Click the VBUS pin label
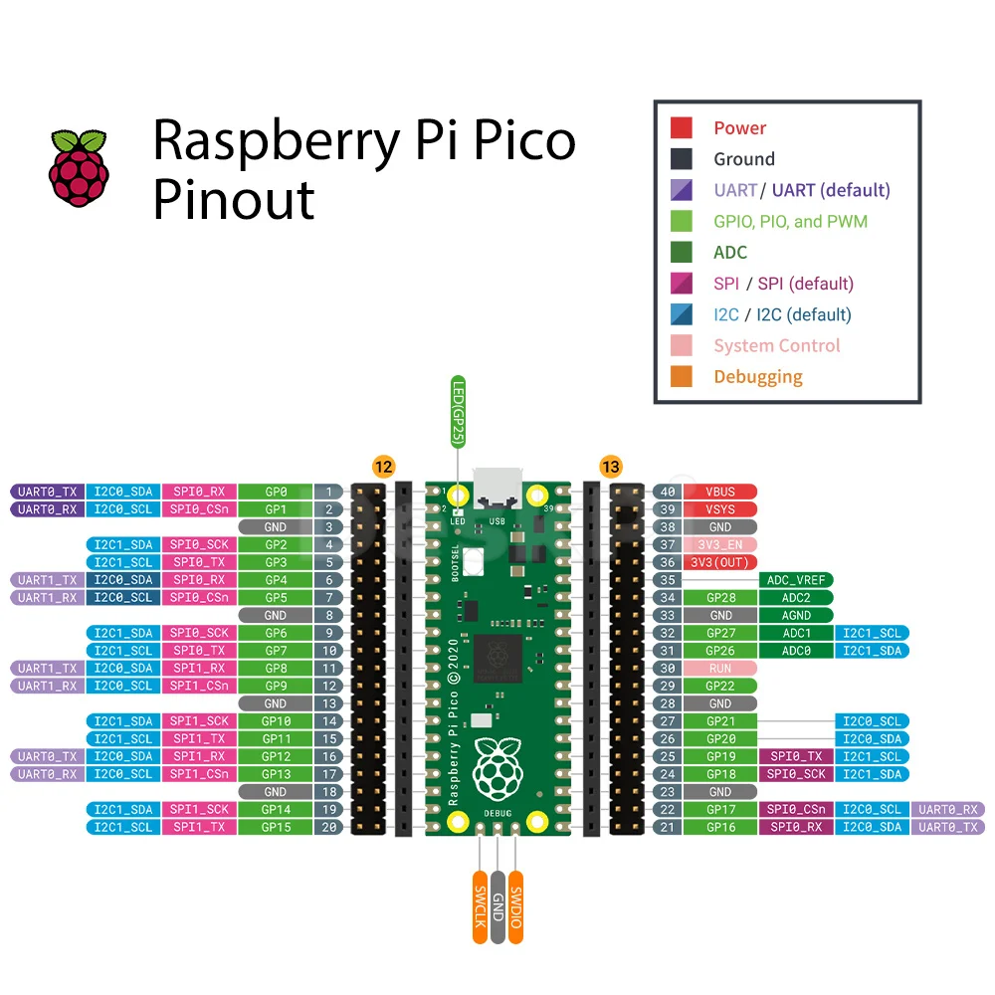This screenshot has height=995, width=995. point(720,492)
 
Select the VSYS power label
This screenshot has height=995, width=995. point(720,509)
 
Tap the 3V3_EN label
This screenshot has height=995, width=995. point(720,544)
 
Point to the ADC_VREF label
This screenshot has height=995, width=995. point(796,580)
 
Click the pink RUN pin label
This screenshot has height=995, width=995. point(720,669)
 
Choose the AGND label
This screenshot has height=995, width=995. point(796,616)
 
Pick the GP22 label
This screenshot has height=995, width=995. point(720,686)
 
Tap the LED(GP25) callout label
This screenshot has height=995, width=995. point(458,412)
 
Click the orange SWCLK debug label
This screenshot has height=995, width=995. point(481,906)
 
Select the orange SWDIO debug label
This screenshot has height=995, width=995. point(515,906)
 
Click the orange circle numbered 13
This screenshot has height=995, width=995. point(611,467)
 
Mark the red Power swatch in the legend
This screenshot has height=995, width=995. point(682,127)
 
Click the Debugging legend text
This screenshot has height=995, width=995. point(758,377)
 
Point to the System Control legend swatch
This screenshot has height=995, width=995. point(682,345)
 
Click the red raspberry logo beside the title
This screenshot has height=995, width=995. point(79,168)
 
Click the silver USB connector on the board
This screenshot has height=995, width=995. point(497,488)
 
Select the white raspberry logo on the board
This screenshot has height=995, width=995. point(497,769)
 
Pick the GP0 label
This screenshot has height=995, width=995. point(276,492)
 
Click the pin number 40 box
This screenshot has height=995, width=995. point(667,492)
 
